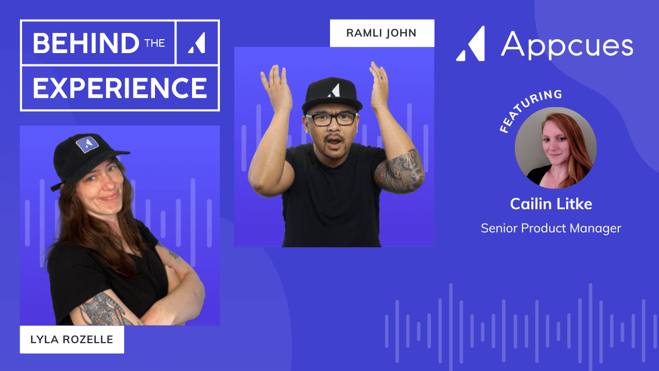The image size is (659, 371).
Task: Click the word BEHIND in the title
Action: [85, 43]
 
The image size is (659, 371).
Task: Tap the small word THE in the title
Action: [154, 43]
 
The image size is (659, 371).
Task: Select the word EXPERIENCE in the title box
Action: [120, 88]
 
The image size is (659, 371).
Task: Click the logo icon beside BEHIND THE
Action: [197, 43]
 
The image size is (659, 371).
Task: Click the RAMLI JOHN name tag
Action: [381, 33]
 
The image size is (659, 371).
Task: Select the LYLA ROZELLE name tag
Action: [72, 340]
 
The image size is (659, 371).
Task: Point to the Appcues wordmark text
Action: [567, 45]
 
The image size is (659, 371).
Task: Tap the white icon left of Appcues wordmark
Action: [471, 44]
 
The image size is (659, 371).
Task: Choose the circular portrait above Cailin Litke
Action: [556, 148]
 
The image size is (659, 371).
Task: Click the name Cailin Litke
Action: [551, 204]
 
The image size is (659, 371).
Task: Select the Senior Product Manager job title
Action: [551, 228]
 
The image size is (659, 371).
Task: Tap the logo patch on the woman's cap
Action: [87, 144]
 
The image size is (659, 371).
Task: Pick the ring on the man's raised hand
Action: [381, 78]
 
